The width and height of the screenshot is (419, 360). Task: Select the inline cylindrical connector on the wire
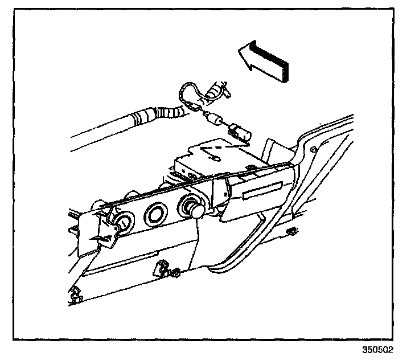click(214, 120)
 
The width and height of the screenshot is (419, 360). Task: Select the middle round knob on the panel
click(155, 214)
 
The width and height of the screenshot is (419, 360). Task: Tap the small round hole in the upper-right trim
click(313, 149)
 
